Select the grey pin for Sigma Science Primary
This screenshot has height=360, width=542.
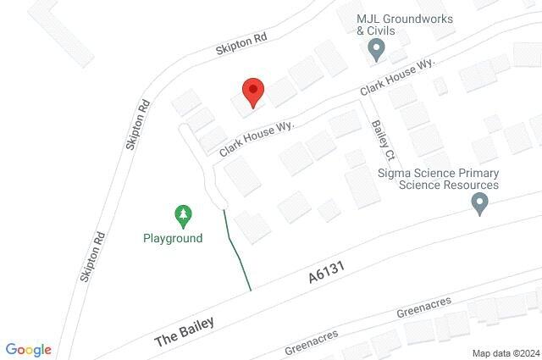(480, 203)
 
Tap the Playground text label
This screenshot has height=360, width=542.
(172, 238)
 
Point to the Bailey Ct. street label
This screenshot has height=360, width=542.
(384, 141)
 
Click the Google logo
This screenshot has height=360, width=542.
(28, 350)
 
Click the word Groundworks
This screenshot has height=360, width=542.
(416, 19)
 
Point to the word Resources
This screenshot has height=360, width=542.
(469, 185)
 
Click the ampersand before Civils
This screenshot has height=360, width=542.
(360, 31)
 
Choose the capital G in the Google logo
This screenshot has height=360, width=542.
(11, 349)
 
